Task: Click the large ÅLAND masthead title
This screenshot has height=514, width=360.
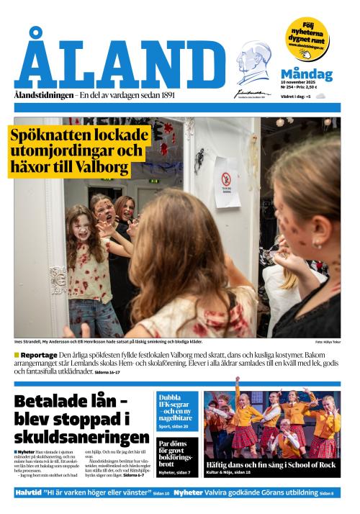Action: coord(120,63)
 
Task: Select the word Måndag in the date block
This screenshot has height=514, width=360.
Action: coord(306,74)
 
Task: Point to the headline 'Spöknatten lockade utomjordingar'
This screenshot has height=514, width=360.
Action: coord(77,151)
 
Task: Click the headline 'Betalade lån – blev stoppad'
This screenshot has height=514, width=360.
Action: coord(81,420)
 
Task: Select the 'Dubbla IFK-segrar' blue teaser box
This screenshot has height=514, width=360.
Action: coord(178,409)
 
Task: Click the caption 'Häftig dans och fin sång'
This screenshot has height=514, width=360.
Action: coord(271,465)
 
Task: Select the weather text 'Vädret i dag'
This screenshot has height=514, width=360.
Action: coord(293,96)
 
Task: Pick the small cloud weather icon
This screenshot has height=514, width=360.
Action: coord(320,96)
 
